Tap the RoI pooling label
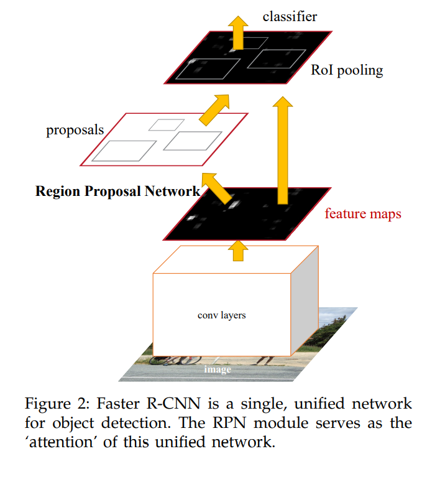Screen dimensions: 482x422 pos(347,70)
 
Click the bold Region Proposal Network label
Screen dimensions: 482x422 pos(118,191)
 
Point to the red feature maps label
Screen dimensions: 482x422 pos(363,214)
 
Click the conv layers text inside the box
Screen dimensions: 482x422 pos(221,315)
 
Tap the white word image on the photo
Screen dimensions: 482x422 pos(218,369)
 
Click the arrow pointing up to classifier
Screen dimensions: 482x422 pos(236,30)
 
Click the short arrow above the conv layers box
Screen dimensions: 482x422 pos(236,250)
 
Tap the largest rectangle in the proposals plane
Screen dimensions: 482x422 pos(124,151)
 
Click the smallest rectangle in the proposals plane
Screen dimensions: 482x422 pos(162,124)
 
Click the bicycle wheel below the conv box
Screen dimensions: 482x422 pos(186,359)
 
